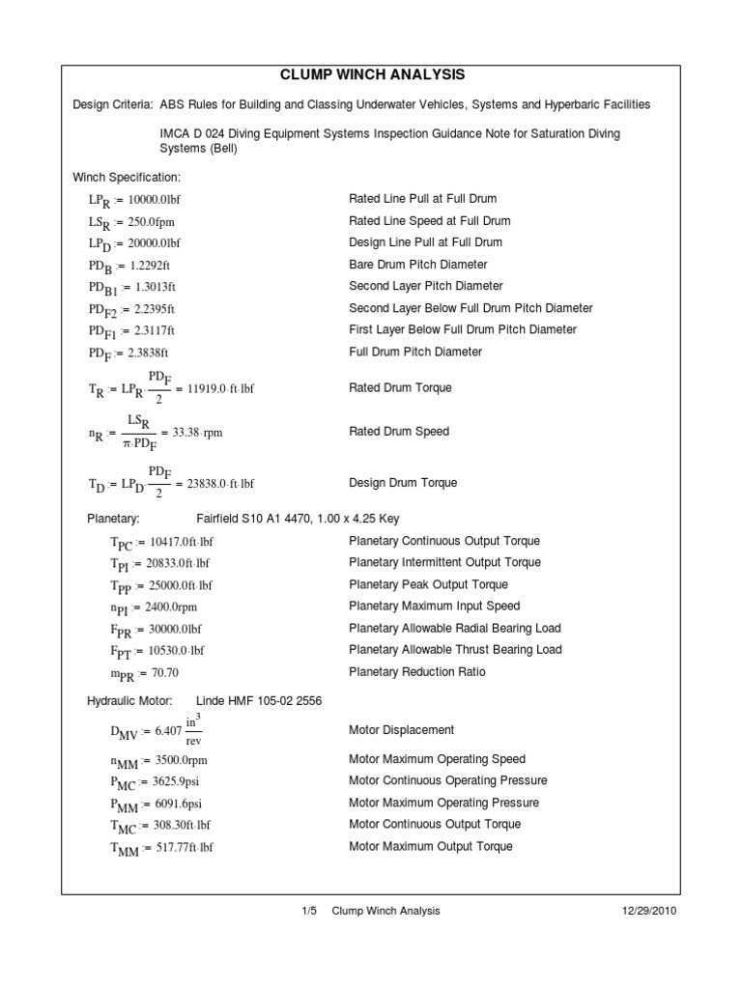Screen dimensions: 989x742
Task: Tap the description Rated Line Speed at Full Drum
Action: tap(429, 220)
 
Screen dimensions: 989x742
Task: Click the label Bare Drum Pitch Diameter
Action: tap(417, 265)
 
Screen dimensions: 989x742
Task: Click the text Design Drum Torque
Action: tap(403, 483)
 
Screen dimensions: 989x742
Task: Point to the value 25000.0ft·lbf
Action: tap(184, 585)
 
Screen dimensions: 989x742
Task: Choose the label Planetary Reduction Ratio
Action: tap(416, 672)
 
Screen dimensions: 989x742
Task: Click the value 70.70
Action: tap(157, 673)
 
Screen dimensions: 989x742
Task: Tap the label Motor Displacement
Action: tap(401, 730)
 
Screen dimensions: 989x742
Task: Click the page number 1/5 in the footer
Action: tap(310, 911)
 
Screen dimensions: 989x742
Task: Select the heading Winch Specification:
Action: tap(127, 177)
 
